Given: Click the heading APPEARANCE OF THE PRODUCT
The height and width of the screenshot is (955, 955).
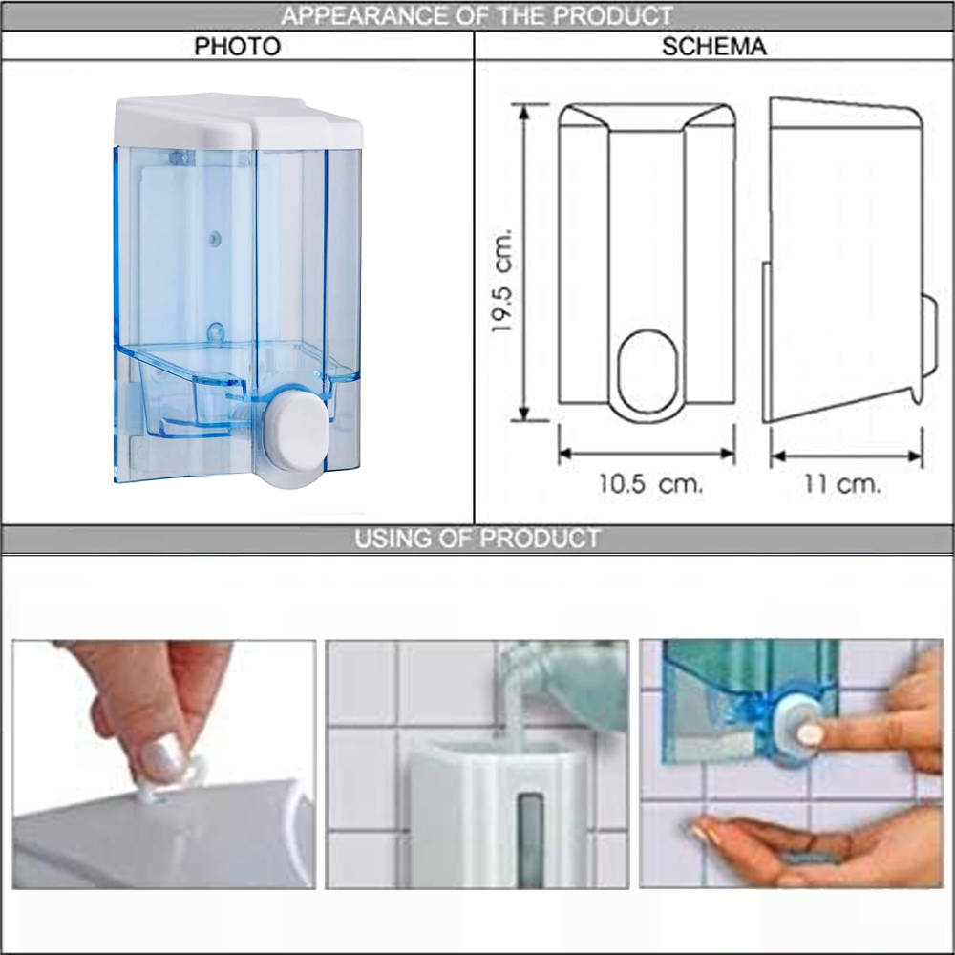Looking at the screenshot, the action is click(477, 16).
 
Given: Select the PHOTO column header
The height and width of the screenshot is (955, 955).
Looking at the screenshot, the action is click(238, 46).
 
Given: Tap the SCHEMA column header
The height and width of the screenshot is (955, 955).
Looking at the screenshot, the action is click(713, 46).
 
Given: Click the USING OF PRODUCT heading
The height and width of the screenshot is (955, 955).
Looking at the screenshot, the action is click(477, 539).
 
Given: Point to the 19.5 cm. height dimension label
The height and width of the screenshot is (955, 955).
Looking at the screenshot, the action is click(502, 281).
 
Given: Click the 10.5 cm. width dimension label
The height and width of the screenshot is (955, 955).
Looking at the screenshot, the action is click(650, 484).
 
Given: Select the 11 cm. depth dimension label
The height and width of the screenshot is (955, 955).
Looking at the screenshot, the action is click(842, 484).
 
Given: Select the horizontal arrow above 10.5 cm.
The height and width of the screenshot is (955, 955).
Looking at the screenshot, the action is click(647, 453).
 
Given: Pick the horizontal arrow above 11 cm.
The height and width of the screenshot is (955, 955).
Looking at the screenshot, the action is click(846, 456).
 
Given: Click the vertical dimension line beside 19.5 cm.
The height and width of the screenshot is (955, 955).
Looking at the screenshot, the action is click(523, 262).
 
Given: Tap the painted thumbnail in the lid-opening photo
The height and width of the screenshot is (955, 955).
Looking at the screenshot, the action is click(163, 758).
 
